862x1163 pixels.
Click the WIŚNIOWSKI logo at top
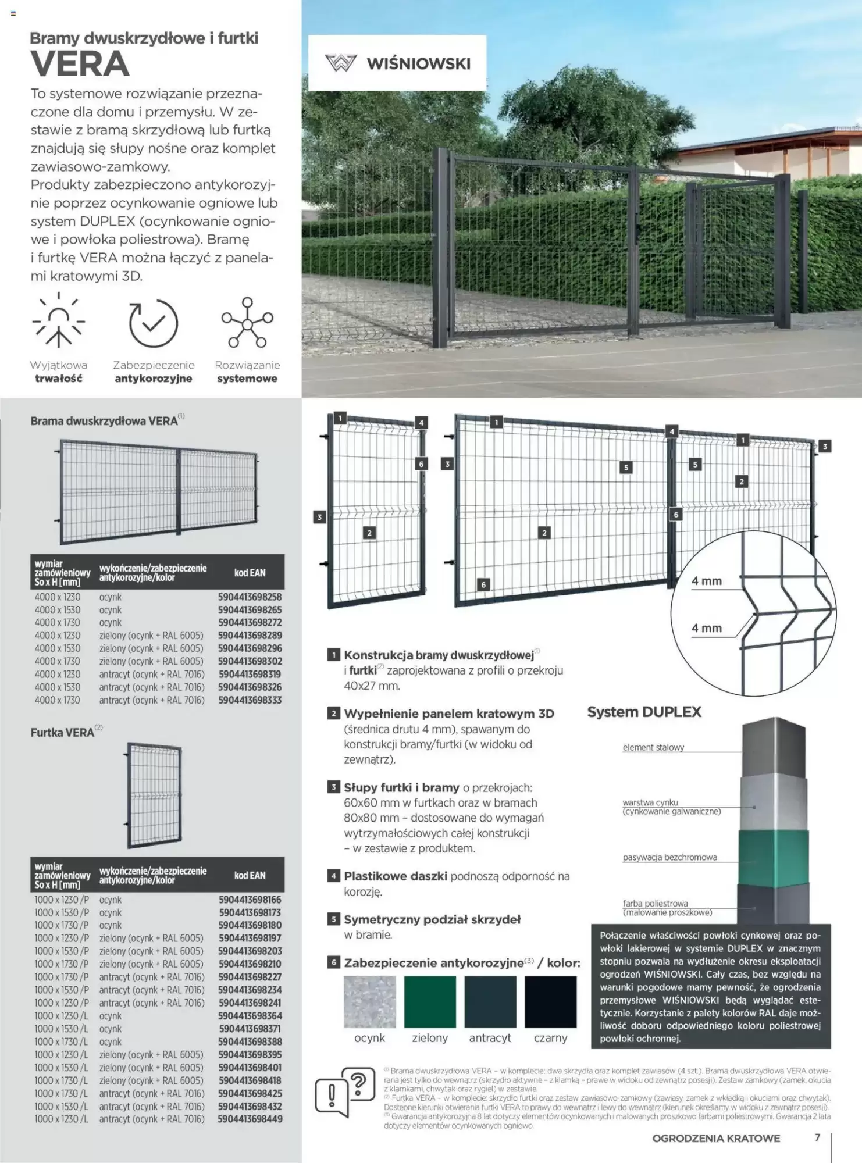(397, 63)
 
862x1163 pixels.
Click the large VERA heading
(80, 64)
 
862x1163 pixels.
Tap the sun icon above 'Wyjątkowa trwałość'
(59, 322)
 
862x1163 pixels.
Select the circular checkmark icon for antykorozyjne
(154, 323)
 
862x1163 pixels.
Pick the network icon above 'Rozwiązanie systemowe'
(247, 322)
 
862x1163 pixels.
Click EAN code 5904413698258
(250, 597)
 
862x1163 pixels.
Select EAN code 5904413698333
(250, 700)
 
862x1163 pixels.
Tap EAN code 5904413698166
(250, 900)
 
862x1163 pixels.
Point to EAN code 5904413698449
(250, 1119)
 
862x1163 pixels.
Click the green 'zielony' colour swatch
(430, 1001)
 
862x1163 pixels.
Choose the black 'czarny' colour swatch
(550, 1001)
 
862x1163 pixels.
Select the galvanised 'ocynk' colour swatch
(370, 1001)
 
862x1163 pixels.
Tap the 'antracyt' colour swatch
(490, 1001)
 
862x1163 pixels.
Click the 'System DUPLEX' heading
(644, 712)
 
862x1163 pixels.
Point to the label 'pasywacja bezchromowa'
(669, 857)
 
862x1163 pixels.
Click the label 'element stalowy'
(653, 747)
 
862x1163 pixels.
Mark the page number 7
(817, 1137)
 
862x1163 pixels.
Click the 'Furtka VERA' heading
(63, 733)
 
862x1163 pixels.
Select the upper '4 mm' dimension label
(706, 581)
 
